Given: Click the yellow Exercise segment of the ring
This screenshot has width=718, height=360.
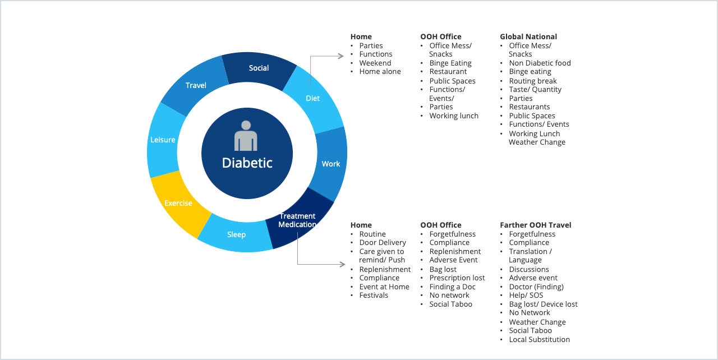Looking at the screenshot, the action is (x=178, y=203).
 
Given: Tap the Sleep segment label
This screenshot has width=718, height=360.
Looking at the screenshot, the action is (x=237, y=235).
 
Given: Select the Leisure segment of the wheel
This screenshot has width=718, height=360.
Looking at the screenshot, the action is (x=163, y=140).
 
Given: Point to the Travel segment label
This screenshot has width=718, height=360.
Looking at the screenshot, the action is (x=196, y=86).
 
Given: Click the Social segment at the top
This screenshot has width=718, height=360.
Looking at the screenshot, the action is (x=259, y=68).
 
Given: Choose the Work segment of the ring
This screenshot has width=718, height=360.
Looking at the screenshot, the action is (x=331, y=164).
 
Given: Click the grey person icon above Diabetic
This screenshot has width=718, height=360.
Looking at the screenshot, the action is (x=246, y=136).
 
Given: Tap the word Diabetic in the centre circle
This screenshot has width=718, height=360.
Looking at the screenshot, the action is (x=247, y=163).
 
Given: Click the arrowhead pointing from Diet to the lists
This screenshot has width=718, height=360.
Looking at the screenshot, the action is (x=340, y=56).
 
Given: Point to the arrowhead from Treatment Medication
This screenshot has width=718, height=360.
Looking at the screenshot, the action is (x=343, y=264).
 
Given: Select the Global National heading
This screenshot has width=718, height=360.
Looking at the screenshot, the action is (x=528, y=37).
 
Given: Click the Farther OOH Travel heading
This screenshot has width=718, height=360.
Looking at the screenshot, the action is (x=536, y=225).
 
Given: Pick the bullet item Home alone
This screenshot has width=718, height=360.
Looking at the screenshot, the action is (x=380, y=72).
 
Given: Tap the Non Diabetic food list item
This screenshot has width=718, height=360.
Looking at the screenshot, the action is (x=540, y=63).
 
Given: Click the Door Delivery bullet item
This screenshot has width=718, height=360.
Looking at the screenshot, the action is (x=383, y=243).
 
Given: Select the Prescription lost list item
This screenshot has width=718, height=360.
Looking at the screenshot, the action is (x=457, y=278).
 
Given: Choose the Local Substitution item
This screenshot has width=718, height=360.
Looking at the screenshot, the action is (x=540, y=339).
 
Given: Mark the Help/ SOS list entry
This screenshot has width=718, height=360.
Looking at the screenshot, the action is (x=526, y=296).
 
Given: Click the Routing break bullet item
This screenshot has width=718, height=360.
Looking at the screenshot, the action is (x=533, y=81).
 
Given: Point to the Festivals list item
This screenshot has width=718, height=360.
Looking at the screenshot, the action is (x=374, y=296).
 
